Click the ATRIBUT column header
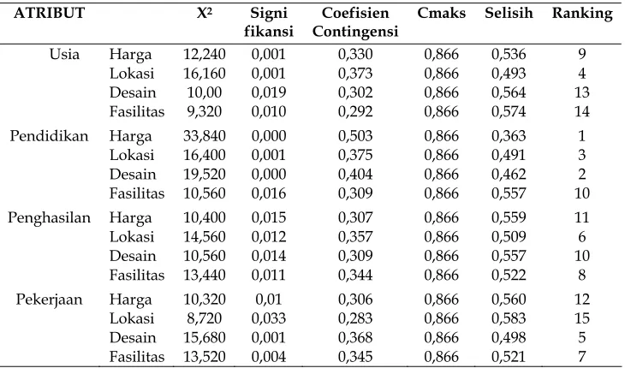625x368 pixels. coord(49,13)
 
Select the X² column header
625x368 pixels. coord(204,13)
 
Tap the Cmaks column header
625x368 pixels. coord(441,13)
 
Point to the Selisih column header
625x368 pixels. coord(509,13)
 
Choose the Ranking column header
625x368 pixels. coord(582,14)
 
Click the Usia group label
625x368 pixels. coord(64,54)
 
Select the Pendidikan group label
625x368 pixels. coord(49,136)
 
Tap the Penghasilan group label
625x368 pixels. coord(49,218)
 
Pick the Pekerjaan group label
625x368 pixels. coord(49,300)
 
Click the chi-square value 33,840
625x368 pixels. coord(204,136)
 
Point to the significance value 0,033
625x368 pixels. coord(269,318)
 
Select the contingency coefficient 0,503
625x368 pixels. coord(355,136)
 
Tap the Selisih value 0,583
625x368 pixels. coord(509,318)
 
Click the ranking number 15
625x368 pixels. coord(582,318)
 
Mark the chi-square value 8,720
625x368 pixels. coord(204,318)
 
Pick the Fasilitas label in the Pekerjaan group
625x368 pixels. coord(137,357)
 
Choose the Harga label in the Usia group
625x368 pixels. coord(130,55)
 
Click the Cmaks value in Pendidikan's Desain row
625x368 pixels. coord(441,174)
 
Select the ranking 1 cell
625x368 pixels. coord(582,136)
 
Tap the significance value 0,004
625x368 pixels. coord(269,357)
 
